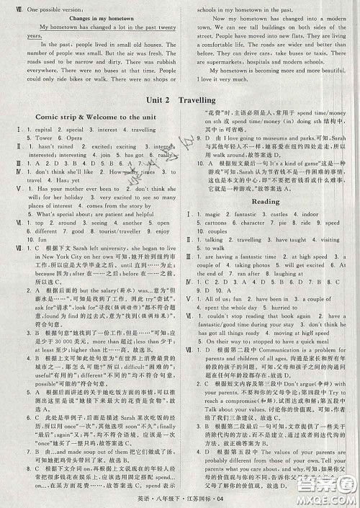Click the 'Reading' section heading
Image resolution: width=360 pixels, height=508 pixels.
pos(266,202)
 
